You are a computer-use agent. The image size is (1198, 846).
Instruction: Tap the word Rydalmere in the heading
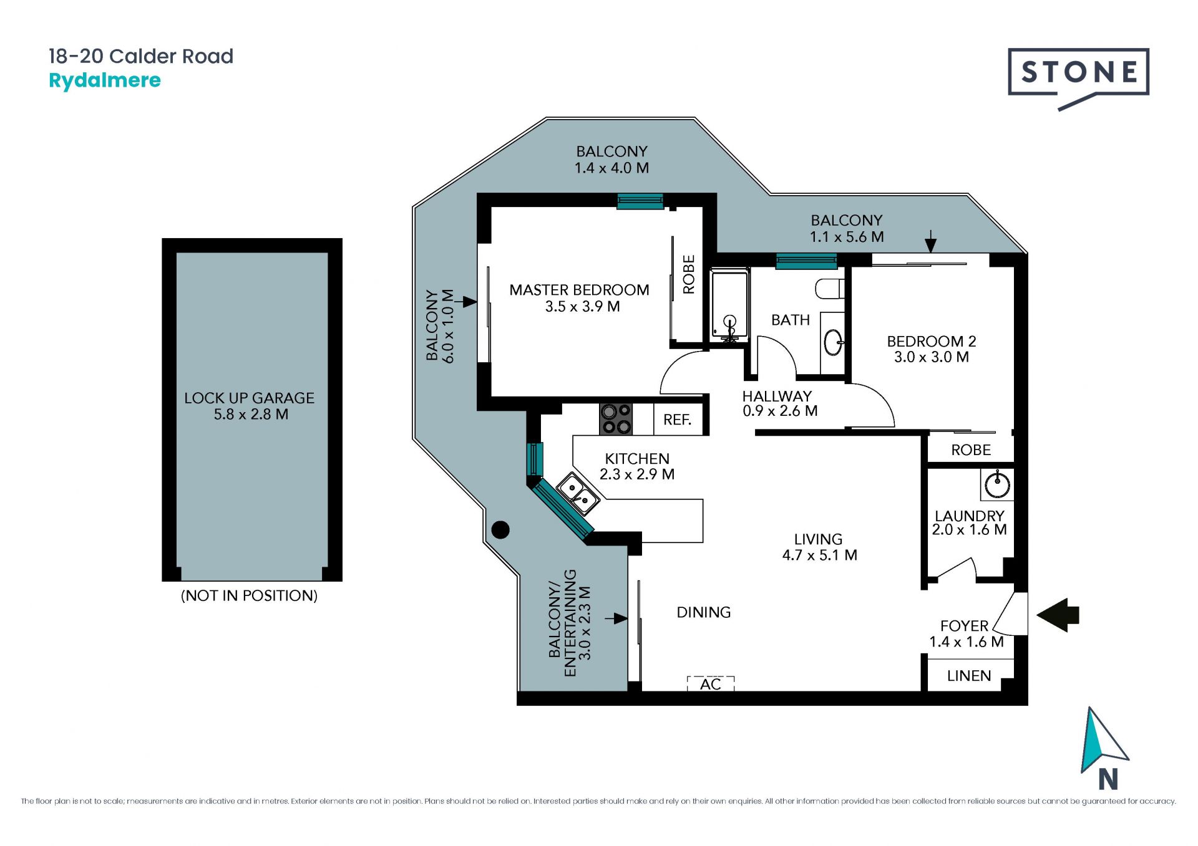105,81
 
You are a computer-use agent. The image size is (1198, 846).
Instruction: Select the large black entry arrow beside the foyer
1058,615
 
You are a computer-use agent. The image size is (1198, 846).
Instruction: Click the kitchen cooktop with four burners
616,419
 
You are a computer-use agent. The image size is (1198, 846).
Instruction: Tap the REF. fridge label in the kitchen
678,420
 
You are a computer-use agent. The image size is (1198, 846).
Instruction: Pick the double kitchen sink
578,493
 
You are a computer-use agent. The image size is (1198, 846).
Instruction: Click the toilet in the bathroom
830,289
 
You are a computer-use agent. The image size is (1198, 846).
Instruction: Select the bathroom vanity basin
834,342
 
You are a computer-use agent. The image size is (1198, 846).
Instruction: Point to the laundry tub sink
997,485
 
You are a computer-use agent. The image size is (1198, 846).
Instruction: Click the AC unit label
711,684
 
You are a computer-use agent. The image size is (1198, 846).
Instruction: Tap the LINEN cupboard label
969,676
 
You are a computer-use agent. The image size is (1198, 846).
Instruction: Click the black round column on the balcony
500,530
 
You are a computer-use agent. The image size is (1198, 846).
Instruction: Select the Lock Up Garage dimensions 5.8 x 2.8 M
251,414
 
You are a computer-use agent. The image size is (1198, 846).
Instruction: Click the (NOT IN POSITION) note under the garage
249,595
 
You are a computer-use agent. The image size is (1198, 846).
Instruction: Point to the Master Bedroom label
579,290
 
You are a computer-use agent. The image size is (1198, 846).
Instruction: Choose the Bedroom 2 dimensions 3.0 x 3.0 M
932,357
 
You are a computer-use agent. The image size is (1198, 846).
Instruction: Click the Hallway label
777,396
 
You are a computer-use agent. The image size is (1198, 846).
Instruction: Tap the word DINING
704,612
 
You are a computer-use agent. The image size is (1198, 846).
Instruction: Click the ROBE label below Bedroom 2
971,450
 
